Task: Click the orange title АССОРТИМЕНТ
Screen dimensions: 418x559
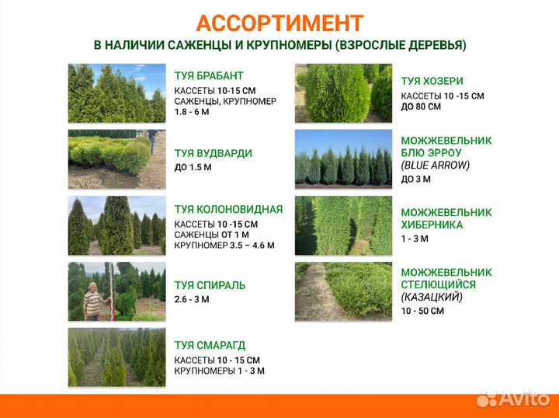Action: coord(279,23)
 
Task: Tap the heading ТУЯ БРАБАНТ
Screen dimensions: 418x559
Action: coord(209,76)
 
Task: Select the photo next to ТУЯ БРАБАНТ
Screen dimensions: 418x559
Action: coord(116,93)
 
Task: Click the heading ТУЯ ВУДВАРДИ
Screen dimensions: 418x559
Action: coord(214,154)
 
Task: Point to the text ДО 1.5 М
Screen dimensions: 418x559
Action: coord(193,167)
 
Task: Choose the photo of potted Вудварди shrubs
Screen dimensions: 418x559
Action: coord(116,159)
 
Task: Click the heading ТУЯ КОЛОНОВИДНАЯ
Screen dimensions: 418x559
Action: coord(228,209)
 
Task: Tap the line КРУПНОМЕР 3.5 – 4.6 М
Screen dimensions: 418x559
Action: coord(224,246)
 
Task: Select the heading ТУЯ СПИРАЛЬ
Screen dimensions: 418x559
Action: coord(210,285)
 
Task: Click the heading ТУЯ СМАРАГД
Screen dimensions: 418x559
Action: coord(210,345)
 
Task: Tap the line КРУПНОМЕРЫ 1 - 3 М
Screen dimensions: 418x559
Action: coord(220,371)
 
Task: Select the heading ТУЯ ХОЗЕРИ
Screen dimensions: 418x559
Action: coord(432,81)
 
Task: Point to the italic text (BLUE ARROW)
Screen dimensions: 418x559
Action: coord(435,165)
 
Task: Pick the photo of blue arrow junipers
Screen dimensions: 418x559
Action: coord(343,159)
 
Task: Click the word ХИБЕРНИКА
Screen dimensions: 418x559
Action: coord(432,225)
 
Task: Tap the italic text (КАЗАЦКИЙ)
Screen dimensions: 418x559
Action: coord(431,297)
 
